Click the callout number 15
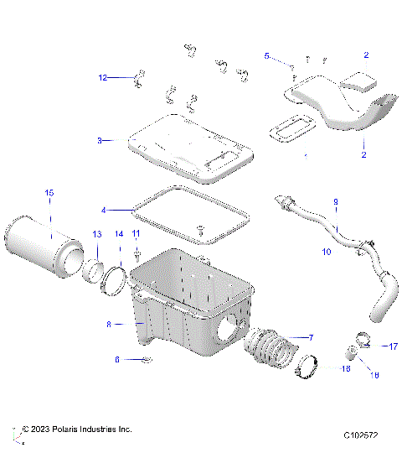point(49,194)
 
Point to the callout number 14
point(119,233)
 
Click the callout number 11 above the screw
point(136,232)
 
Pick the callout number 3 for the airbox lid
point(99,141)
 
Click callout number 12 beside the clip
point(103,77)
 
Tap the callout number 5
point(267,56)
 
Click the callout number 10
point(327,251)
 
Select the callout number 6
point(118,359)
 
